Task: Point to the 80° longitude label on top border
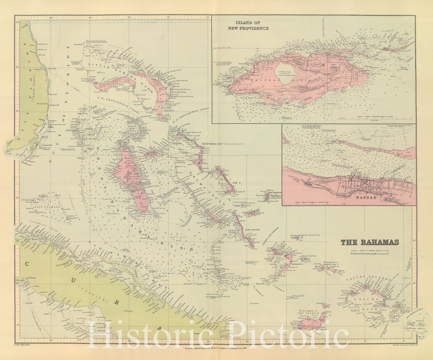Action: pos(51,18)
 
